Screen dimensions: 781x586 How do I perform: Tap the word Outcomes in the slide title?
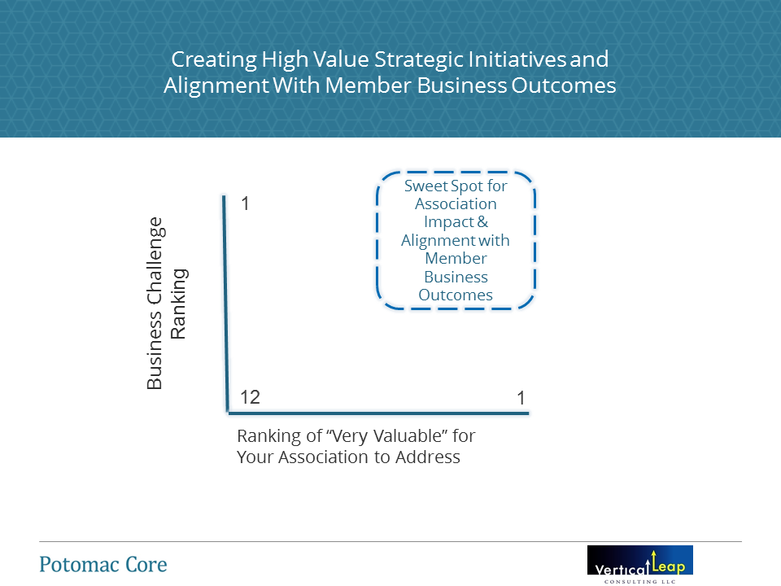564,85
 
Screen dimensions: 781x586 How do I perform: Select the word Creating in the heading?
214,59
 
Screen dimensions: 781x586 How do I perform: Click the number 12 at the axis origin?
250,397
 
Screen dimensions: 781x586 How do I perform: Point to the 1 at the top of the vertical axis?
245,203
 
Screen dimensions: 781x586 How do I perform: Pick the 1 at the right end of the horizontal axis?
521,398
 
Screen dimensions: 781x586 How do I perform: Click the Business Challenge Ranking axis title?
166,303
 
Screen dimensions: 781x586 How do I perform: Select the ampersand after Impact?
482,221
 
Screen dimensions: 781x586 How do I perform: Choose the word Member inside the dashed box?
456,258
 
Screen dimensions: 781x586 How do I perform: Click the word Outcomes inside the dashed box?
456,295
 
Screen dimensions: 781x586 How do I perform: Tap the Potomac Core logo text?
103,565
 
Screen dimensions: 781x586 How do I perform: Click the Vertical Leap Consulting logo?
640,565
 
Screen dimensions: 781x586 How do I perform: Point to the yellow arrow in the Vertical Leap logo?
653,560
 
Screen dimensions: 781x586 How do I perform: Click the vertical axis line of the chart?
225,303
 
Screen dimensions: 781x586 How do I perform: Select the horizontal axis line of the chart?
378,413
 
